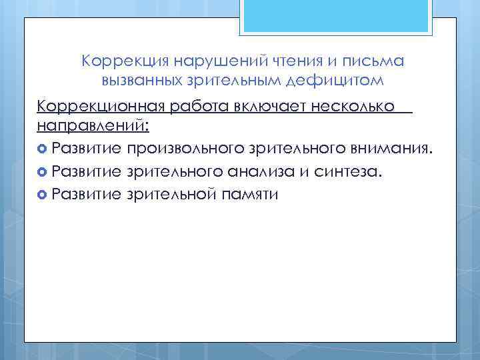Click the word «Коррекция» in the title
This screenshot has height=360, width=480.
[125, 61]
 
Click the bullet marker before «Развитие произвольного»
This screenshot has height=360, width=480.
[43, 148]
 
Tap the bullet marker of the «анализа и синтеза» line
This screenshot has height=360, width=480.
[43, 171]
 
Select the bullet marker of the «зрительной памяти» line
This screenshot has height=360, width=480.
[43, 195]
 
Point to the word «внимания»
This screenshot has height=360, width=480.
[401, 147]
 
